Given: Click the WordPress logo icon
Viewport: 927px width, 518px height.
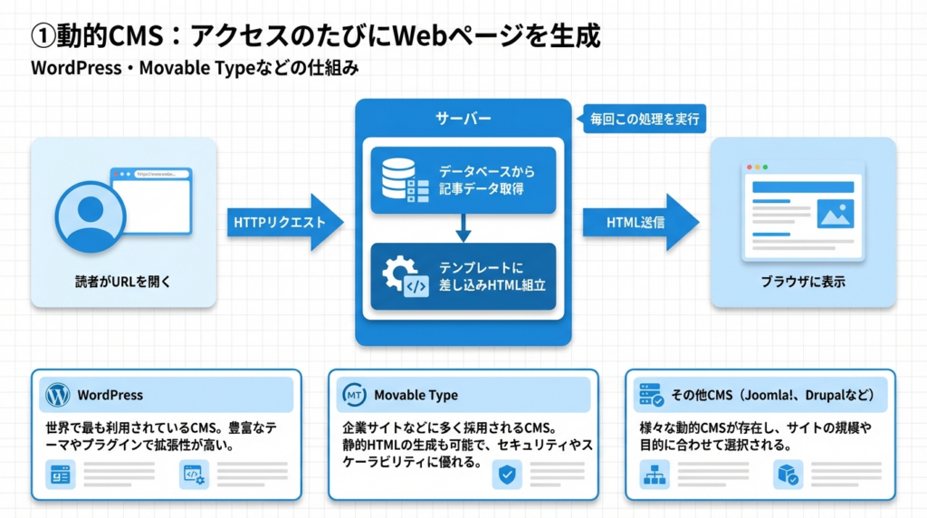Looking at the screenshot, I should (x=57, y=395).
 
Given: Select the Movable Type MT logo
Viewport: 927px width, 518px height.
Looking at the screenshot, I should (x=353, y=395).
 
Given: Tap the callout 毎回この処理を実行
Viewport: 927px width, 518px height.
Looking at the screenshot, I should (x=645, y=119).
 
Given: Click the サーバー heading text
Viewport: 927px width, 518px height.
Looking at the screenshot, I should (x=463, y=119).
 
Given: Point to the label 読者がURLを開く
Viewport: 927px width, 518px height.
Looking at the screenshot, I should (x=123, y=283).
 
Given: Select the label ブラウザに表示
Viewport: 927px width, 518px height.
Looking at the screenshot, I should (x=803, y=283).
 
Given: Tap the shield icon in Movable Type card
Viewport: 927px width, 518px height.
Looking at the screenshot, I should (x=507, y=475).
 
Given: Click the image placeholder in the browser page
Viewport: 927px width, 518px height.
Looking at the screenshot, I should (x=835, y=214).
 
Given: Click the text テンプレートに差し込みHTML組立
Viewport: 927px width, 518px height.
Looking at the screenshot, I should (x=492, y=276).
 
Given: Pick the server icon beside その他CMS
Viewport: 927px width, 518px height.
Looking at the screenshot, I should (x=651, y=395).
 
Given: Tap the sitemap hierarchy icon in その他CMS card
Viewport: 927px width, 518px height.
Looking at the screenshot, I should (x=654, y=475).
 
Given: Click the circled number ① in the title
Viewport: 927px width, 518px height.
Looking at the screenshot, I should (x=44, y=36).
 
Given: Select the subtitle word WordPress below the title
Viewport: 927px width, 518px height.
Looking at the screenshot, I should (x=70, y=68).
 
